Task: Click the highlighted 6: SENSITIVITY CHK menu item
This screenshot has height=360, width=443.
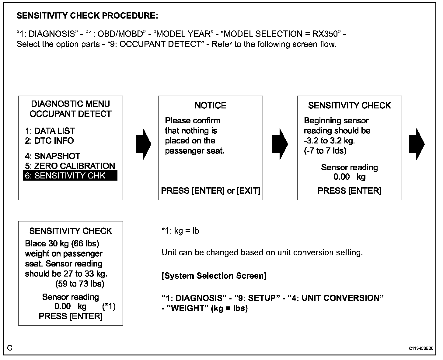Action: [x=70, y=176]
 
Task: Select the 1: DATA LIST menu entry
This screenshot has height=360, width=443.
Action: [x=50, y=131]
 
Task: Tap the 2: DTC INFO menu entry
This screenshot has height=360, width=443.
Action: [x=49, y=141]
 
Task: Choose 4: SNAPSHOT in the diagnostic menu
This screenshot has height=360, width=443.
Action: [x=53, y=156]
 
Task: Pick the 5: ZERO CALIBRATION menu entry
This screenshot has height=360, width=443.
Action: [x=70, y=166]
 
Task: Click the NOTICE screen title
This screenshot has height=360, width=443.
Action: [x=211, y=106]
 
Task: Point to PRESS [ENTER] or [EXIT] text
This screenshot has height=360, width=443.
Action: [x=211, y=191]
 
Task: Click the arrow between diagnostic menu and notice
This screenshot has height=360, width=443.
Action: [x=143, y=144]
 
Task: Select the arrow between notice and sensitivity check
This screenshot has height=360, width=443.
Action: [x=280, y=144]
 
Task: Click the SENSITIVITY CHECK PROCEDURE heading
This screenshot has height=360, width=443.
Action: [x=87, y=16]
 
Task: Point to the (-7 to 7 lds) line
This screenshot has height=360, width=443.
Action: [x=325, y=151]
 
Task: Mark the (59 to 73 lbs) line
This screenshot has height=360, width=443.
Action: [x=80, y=284]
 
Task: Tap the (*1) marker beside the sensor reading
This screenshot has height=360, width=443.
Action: [x=109, y=306]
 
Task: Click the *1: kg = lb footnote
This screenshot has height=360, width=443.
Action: [x=180, y=231]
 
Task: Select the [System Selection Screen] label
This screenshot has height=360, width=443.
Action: [x=214, y=276]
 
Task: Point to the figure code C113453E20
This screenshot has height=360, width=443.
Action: [x=421, y=348]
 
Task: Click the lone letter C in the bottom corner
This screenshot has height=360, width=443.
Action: [x=10, y=348]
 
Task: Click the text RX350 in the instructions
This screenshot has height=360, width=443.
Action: [x=326, y=34]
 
